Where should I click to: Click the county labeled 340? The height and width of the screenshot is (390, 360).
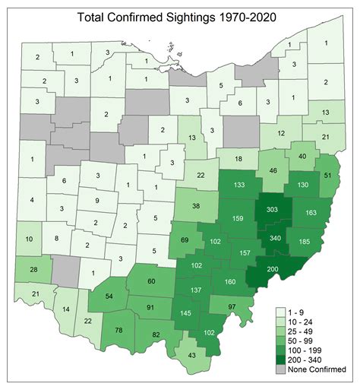(275, 239)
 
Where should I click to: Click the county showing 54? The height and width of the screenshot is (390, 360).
(108, 295)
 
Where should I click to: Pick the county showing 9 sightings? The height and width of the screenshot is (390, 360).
(96, 200)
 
